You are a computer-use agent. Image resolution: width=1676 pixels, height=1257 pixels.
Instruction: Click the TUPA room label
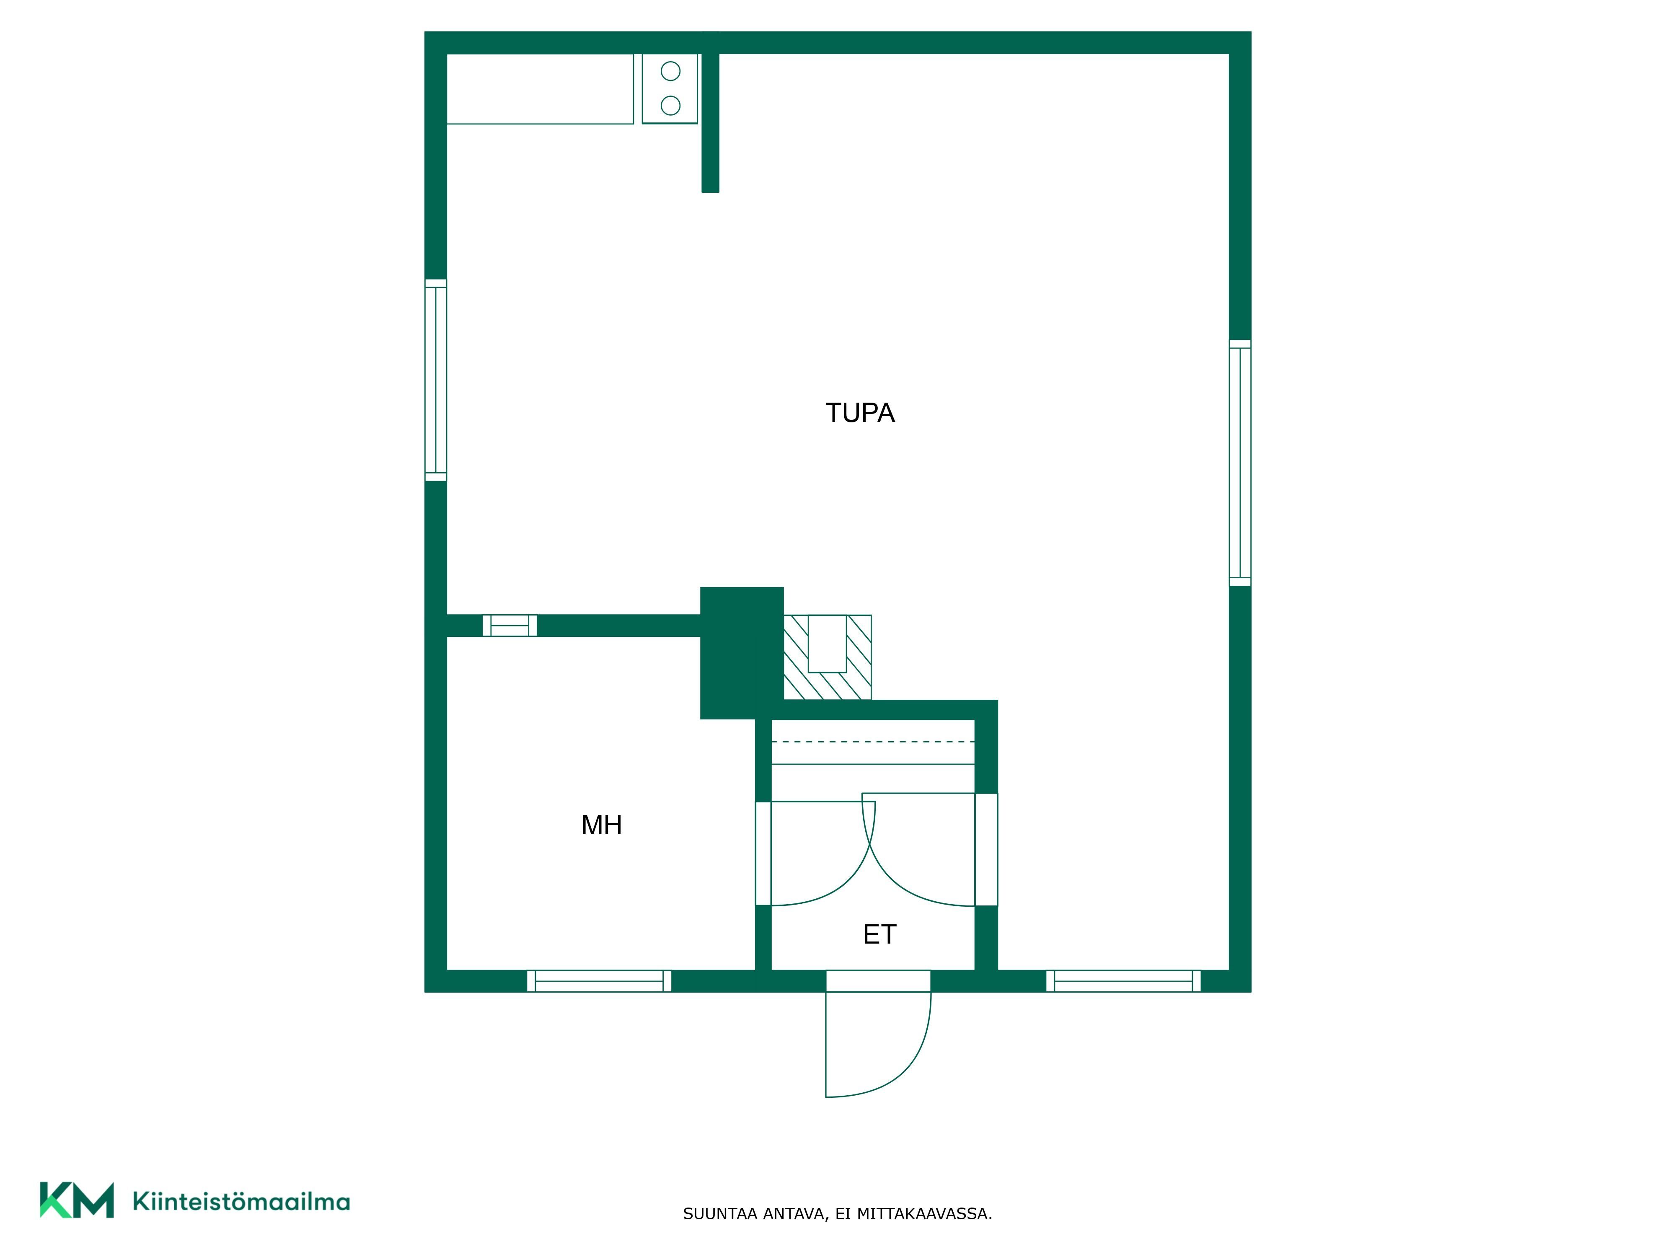point(860,413)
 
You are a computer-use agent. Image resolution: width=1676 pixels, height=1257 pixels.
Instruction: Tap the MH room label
point(602,825)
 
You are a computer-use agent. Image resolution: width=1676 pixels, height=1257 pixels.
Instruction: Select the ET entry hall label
point(879,934)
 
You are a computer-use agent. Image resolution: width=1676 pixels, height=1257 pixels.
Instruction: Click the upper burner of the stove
point(670,71)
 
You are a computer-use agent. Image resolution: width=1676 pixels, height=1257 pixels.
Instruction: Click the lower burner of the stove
point(670,105)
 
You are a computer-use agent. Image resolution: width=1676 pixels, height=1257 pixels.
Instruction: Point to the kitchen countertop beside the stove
point(540,89)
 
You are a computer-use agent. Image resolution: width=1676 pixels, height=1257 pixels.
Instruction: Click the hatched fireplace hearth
point(828,657)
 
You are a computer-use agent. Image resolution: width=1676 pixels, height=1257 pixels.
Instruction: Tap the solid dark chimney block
point(742,653)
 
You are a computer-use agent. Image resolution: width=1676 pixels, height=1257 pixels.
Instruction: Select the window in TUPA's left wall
point(436,380)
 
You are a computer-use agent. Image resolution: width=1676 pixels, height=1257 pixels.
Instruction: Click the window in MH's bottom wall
point(599,981)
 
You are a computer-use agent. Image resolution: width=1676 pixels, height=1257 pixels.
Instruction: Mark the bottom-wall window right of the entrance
point(1124,981)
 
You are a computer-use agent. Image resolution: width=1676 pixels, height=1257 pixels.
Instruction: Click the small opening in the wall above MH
point(510,626)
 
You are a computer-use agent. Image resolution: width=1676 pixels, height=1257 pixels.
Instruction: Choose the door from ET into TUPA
point(930,849)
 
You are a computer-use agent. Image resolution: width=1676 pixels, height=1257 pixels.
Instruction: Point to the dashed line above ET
point(873,742)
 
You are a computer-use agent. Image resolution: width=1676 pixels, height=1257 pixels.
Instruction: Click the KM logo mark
point(77,1200)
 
